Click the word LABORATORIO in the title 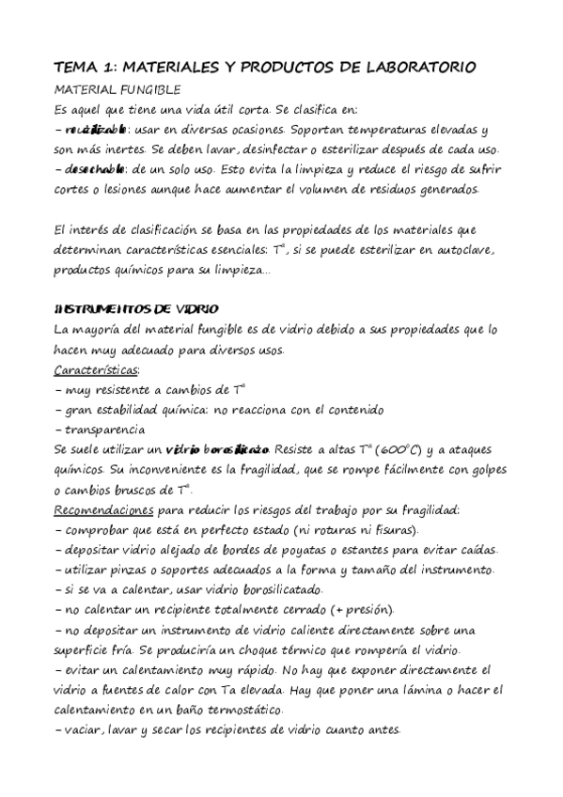pos(420,68)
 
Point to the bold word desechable pos(96,170)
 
